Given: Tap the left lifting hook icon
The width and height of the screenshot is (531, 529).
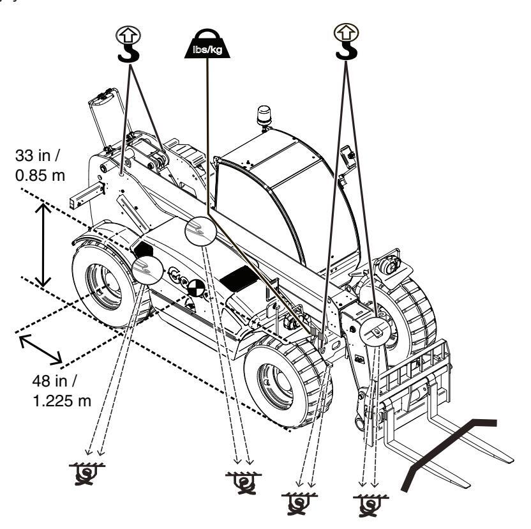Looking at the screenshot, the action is [x=128, y=43].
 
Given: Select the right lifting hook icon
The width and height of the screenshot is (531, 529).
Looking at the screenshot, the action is [x=346, y=42].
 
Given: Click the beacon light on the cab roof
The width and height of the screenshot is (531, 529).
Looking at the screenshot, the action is [x=264, y=117].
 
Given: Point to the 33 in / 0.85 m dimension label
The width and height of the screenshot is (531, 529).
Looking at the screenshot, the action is [x=40, y=165].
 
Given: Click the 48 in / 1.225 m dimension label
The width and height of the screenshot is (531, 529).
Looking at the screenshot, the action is [x=62, y=391].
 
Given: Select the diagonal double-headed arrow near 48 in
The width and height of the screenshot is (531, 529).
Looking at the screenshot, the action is [x=41, y=349].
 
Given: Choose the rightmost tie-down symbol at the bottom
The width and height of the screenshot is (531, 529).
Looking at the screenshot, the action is [x=370, y=505].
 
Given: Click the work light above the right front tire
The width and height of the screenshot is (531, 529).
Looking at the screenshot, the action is [x=389, y=264].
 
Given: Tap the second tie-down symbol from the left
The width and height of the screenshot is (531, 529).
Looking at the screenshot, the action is [x=243, y=483].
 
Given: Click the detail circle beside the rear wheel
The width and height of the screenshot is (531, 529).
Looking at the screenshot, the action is [x=147, y=270].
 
